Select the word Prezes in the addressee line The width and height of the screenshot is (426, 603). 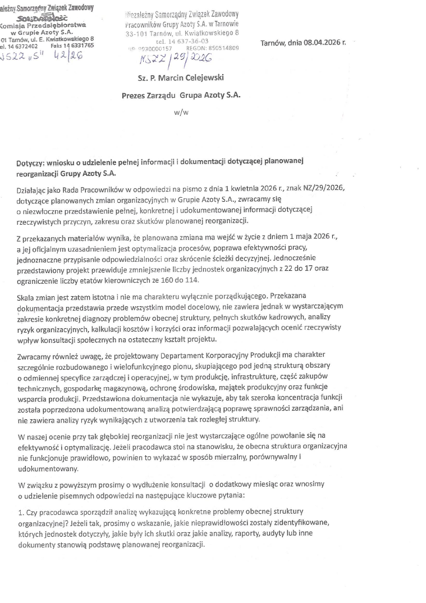134,96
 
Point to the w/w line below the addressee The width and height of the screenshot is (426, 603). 181,112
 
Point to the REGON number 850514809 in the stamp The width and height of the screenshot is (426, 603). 221,48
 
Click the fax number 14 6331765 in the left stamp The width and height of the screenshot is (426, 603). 78,46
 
